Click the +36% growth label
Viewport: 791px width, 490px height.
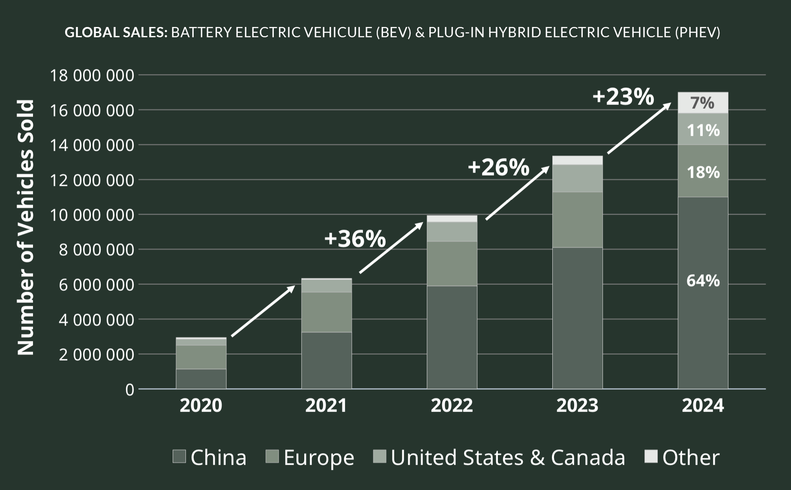pos(355,239)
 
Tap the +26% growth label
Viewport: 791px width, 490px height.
pos(498,167)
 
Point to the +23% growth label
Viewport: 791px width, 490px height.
pos(623,96)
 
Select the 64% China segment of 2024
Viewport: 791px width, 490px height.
pos(703,281)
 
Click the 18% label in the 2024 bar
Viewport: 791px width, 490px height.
pos(703,172)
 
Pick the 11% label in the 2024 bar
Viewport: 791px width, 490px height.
pos(703,130)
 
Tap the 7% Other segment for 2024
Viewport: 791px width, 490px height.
pos(703,103)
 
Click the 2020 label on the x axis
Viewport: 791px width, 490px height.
pos(201,405)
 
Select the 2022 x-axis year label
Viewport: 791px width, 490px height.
pos(452,405)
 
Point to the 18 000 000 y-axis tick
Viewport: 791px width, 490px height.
pos(92,75)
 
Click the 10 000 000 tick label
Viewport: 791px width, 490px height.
pos(92,215)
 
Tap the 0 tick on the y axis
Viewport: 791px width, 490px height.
pos(129,390)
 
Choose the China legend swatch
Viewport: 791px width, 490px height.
pos(179,457)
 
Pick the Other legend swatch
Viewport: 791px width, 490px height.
pos(651,457)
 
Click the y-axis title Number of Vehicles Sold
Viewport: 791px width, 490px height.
pos(26,227)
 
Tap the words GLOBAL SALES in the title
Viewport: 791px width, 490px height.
pos(116,32)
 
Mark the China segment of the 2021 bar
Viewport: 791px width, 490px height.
pos(326,361)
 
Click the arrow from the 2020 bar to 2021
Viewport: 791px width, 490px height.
pos(263,311)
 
